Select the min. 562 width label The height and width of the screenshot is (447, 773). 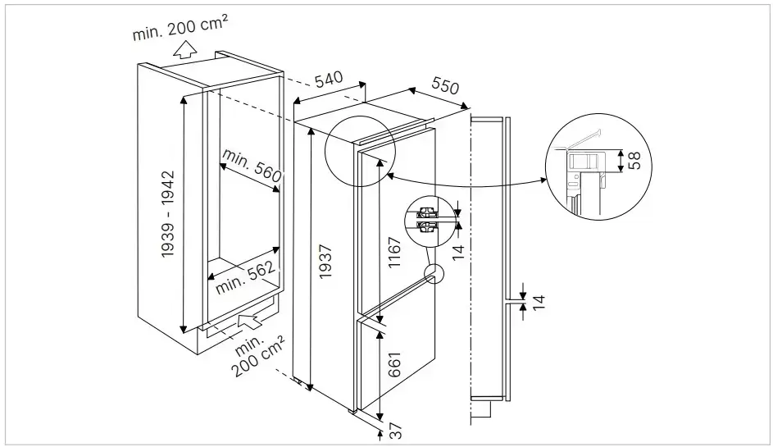coord(245,280)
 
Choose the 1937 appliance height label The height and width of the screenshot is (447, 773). coord(325,262)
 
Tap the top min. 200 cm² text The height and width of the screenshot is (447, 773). coord(180,31)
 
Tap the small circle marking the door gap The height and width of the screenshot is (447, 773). coord(433,273)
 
